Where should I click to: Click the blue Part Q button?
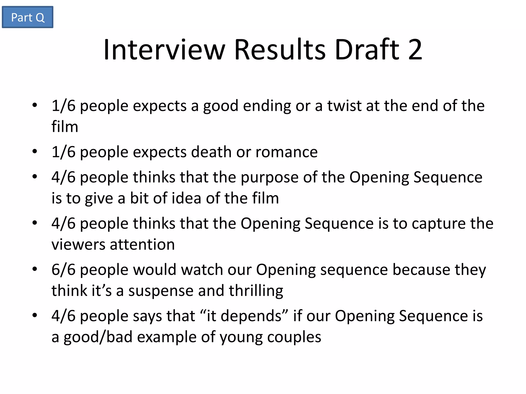[27, 17]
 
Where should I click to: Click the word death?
[211, 152]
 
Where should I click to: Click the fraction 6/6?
[63, 270]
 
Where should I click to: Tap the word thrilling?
[256, 291]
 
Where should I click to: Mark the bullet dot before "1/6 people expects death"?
[35, 151]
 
